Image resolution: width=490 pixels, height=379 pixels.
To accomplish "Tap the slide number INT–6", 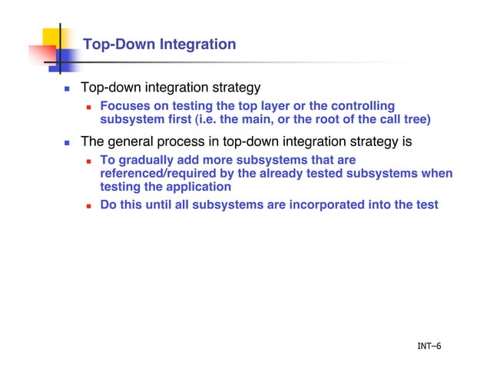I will (x=429, y=346).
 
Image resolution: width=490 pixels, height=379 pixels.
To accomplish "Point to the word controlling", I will (x=359, y=105).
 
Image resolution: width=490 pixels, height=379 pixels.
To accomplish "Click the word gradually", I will (x=148, y=160).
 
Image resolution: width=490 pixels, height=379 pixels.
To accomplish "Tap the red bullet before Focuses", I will (x=89, y=106).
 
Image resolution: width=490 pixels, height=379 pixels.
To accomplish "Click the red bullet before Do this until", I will (x=89, y=206).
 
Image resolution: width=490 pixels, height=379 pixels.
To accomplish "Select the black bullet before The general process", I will (x=67, y=143).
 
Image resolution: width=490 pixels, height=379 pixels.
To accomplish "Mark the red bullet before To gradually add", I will (x=89, y=161).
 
